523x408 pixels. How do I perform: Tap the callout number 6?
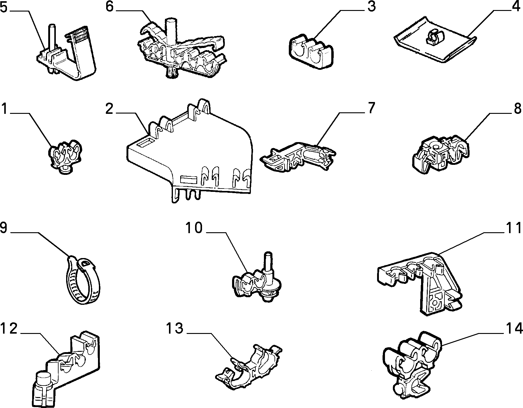tap(110, 7)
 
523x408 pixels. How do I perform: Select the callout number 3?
tap(371, 6)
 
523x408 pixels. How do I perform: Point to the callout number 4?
tap(516, 6)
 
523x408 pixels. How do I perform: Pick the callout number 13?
tap(175, 328)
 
